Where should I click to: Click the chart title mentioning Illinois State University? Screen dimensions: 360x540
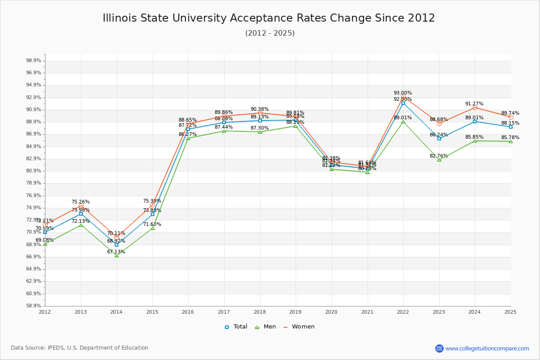click(269, 18)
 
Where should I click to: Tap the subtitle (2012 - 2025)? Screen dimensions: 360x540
click(270, 33)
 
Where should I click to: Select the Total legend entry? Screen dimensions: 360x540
click(236, 327)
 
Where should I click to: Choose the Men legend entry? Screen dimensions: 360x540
click(265, 327)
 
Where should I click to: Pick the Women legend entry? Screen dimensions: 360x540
click(299, 327)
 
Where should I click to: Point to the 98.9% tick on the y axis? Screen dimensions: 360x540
click(34, 61)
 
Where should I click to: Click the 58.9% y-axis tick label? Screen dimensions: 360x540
click(34, 306)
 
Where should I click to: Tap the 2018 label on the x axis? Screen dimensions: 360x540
click(260, 312)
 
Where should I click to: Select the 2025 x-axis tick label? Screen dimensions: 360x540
click(510, 312)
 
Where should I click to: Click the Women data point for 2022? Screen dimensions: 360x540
click(403, 97)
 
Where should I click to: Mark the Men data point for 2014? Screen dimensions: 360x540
click(117, 255)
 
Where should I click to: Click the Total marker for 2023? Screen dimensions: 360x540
click(439, 139)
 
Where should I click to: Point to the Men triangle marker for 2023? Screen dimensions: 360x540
click(439, 160)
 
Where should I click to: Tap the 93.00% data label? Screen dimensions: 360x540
click(403, 93)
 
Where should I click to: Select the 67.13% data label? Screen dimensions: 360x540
click(116, 252)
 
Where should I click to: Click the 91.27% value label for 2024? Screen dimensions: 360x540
click(474, 104)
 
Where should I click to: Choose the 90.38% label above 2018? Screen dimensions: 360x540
click(260, 109)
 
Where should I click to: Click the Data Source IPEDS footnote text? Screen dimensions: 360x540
click(80, 348)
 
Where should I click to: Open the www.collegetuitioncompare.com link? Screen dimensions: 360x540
click(487, 348)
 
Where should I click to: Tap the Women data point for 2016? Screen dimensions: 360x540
click(188, 124)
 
